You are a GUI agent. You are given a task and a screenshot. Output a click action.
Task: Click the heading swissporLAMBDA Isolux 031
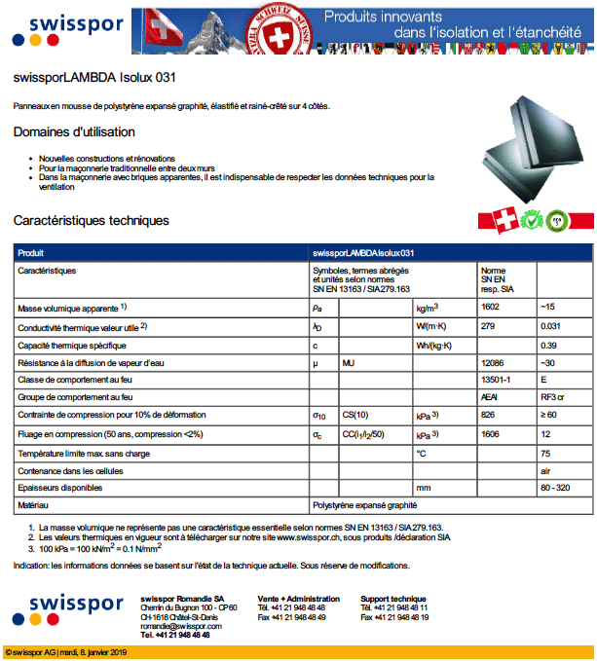[x=94, y=77]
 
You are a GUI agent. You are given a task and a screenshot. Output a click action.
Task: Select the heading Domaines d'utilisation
[x=74, y=132]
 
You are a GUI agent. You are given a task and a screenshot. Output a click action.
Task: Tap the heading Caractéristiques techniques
[x=92, y=221]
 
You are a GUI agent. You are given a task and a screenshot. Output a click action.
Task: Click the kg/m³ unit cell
[x=428, y=308]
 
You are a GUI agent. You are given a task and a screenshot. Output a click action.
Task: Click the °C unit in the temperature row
[x=422, y=453]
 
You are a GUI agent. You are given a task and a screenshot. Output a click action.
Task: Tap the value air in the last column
[x=546, y=470]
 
